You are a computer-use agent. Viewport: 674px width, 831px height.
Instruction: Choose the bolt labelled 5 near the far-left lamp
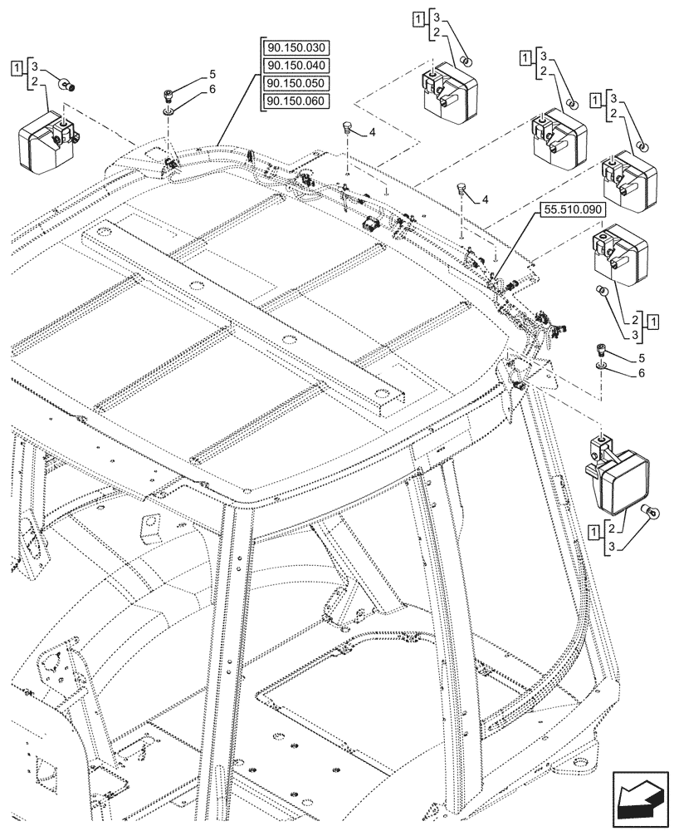pos(170,94)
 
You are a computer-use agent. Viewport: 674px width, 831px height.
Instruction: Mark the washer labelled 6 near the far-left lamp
pos(170,108)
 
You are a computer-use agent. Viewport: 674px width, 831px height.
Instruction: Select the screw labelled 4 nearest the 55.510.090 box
pos(462,189)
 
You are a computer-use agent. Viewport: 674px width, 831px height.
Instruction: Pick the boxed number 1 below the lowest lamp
pos(593,529)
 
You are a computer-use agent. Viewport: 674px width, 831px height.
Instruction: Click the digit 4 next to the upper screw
pos(373,132)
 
